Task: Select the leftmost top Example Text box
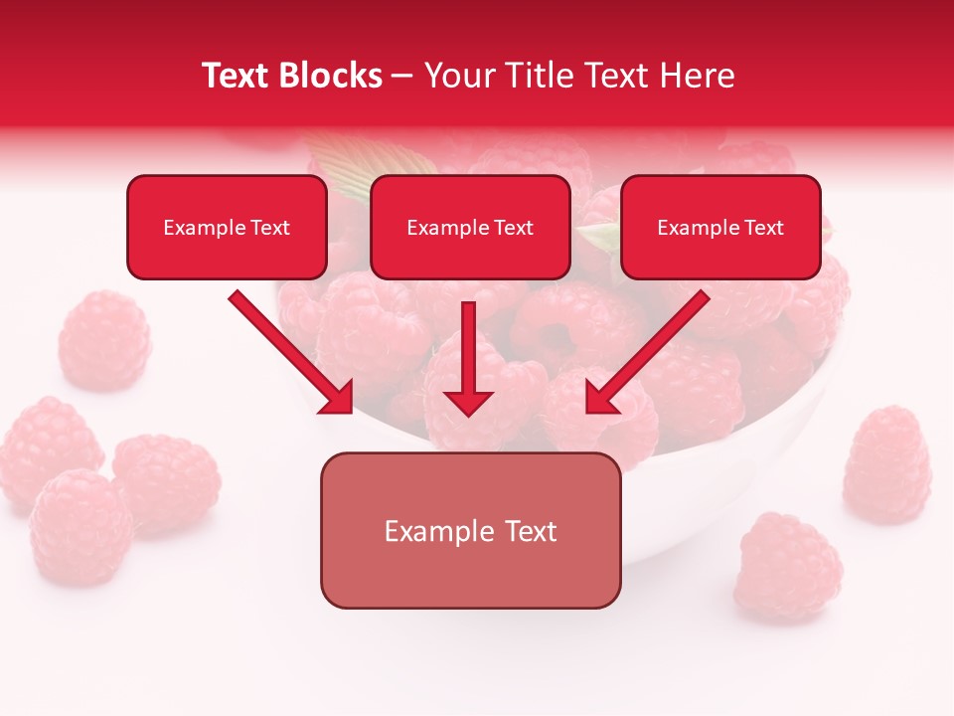pyautogui.click(x=227, y=228)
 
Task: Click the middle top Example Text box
pyautogui.click(x=470, y=228)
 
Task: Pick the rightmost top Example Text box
pyautogui.click(x=720, y=228)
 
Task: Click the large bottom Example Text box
pyautogui.click(x=470, y=531)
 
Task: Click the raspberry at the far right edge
pyautogui.click(x=887, y=464)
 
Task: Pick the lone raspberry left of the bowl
pyautogui.click(x=103, y=339)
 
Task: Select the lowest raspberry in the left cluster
pyautogui.click(x=79, y=526)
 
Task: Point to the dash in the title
pyautogui.click(x=402, y=76)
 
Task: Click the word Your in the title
pyautogui.click(x=456, y=76)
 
